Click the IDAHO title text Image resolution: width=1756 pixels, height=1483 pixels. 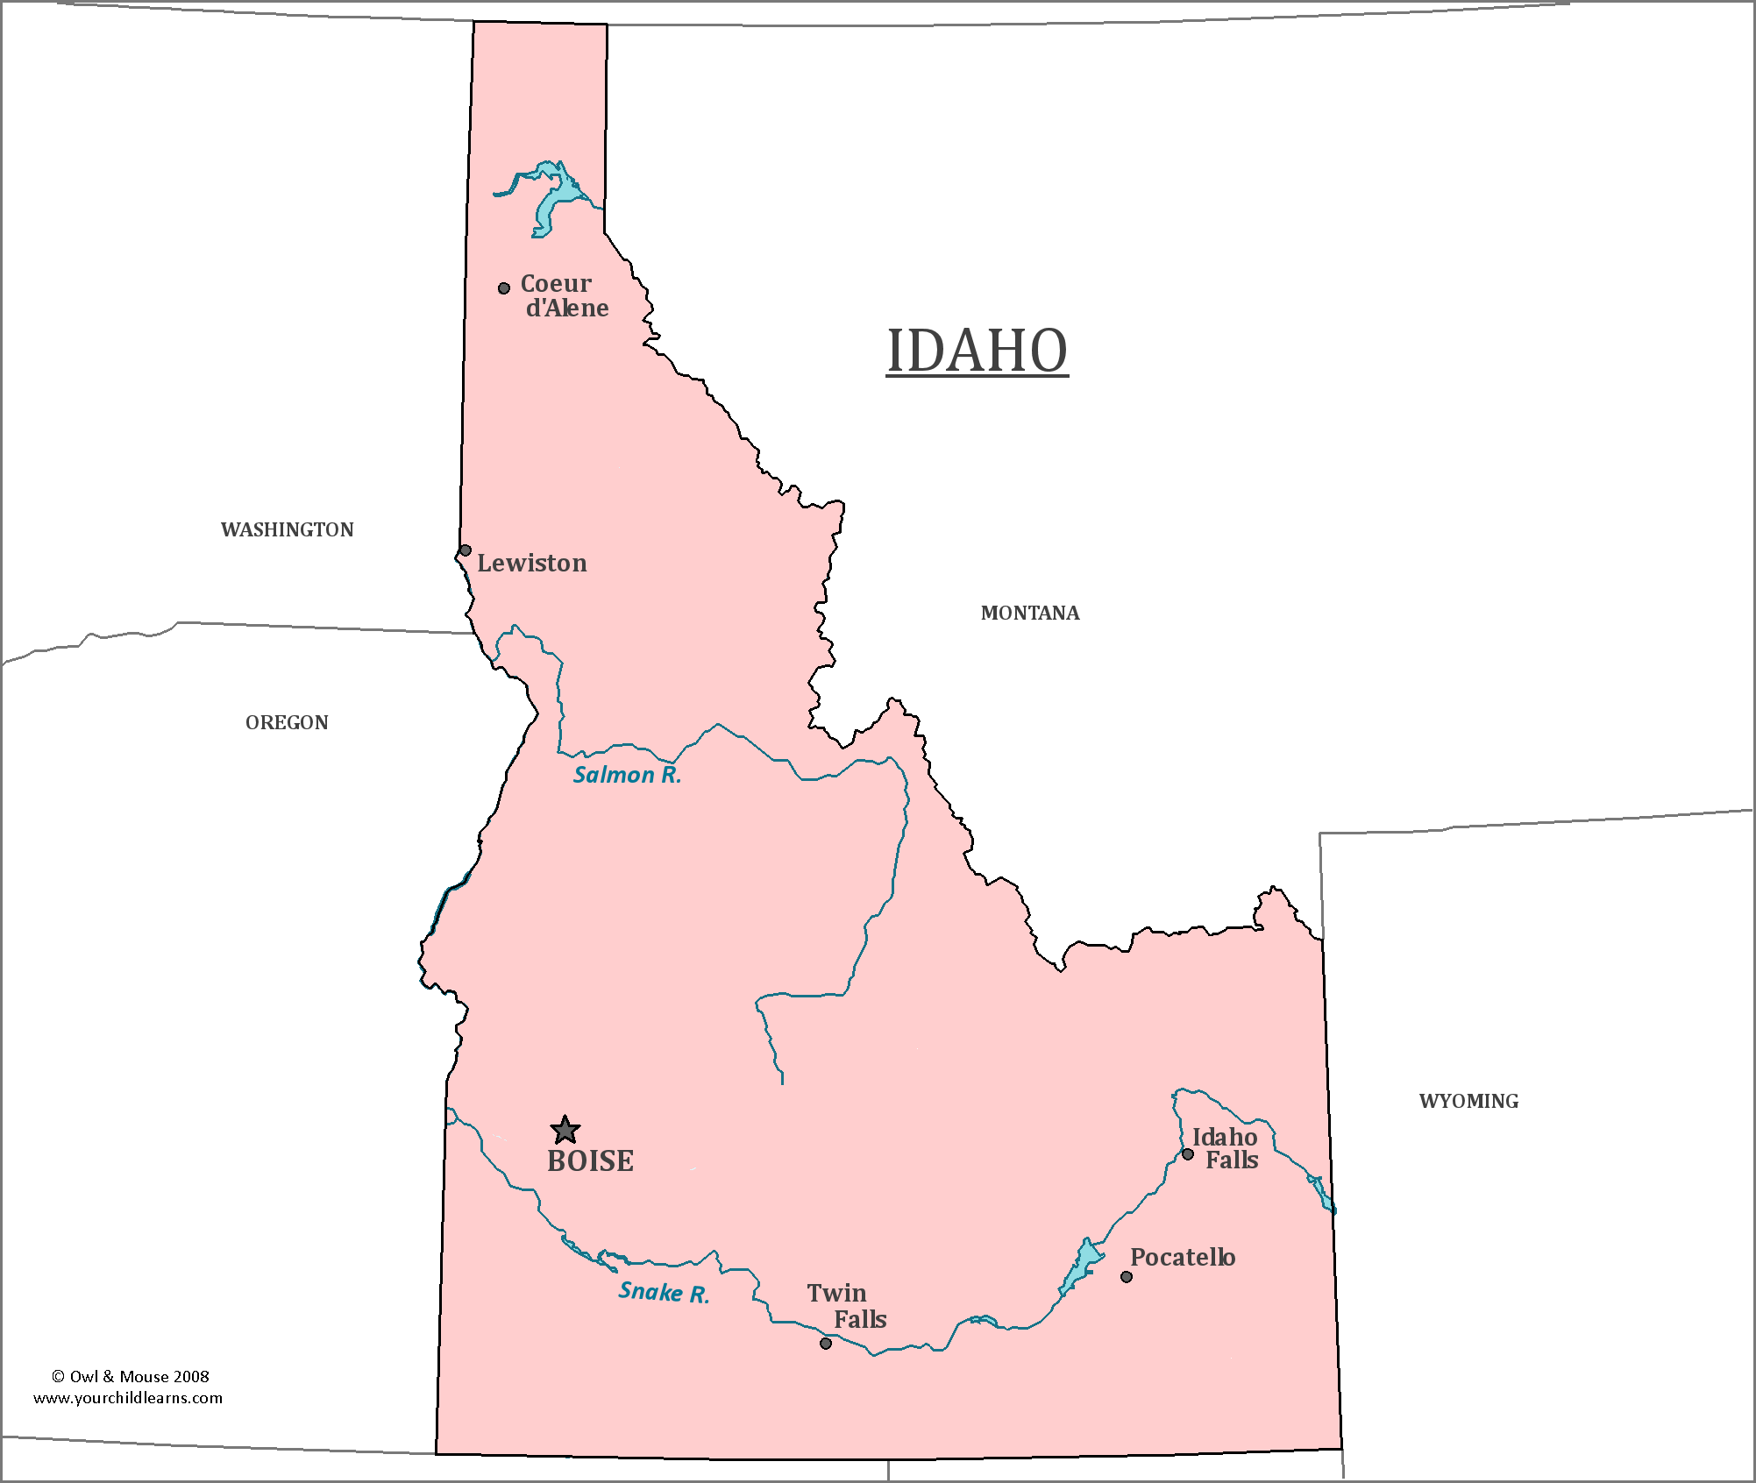(x=977, y=351)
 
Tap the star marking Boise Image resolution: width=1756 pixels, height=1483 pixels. (x=565, y=1130)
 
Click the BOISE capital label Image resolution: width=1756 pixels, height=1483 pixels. (x=590, y=1161)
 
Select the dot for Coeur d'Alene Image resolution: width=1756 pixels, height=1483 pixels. (x=504, y=288)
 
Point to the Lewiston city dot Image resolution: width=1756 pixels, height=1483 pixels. (x=466, y=550)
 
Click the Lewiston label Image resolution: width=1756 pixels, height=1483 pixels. (x=532, y=564)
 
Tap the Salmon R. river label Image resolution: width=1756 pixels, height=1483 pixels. (x=627, y=775)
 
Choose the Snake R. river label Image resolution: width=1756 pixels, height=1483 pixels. (x=664, y=1292)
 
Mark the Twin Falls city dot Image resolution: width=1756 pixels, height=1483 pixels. (x=826, y=1344)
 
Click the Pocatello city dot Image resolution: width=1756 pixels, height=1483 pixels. (x=1127, y=1277)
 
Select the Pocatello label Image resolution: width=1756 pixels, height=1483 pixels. (x=1183, y=1258)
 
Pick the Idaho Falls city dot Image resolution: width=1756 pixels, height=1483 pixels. (x=1188, y=1154)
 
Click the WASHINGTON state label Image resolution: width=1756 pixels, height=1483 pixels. (x=288, y=529)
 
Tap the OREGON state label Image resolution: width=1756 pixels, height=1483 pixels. (x=287, y=722)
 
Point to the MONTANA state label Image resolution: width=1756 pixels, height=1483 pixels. (x=1030, y=613)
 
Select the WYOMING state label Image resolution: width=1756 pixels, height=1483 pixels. (x=1468, y=1101)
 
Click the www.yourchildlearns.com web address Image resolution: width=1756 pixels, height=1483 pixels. (x=128, y=1398)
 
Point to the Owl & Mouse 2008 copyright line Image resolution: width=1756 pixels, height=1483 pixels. (x=131, y=1376)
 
